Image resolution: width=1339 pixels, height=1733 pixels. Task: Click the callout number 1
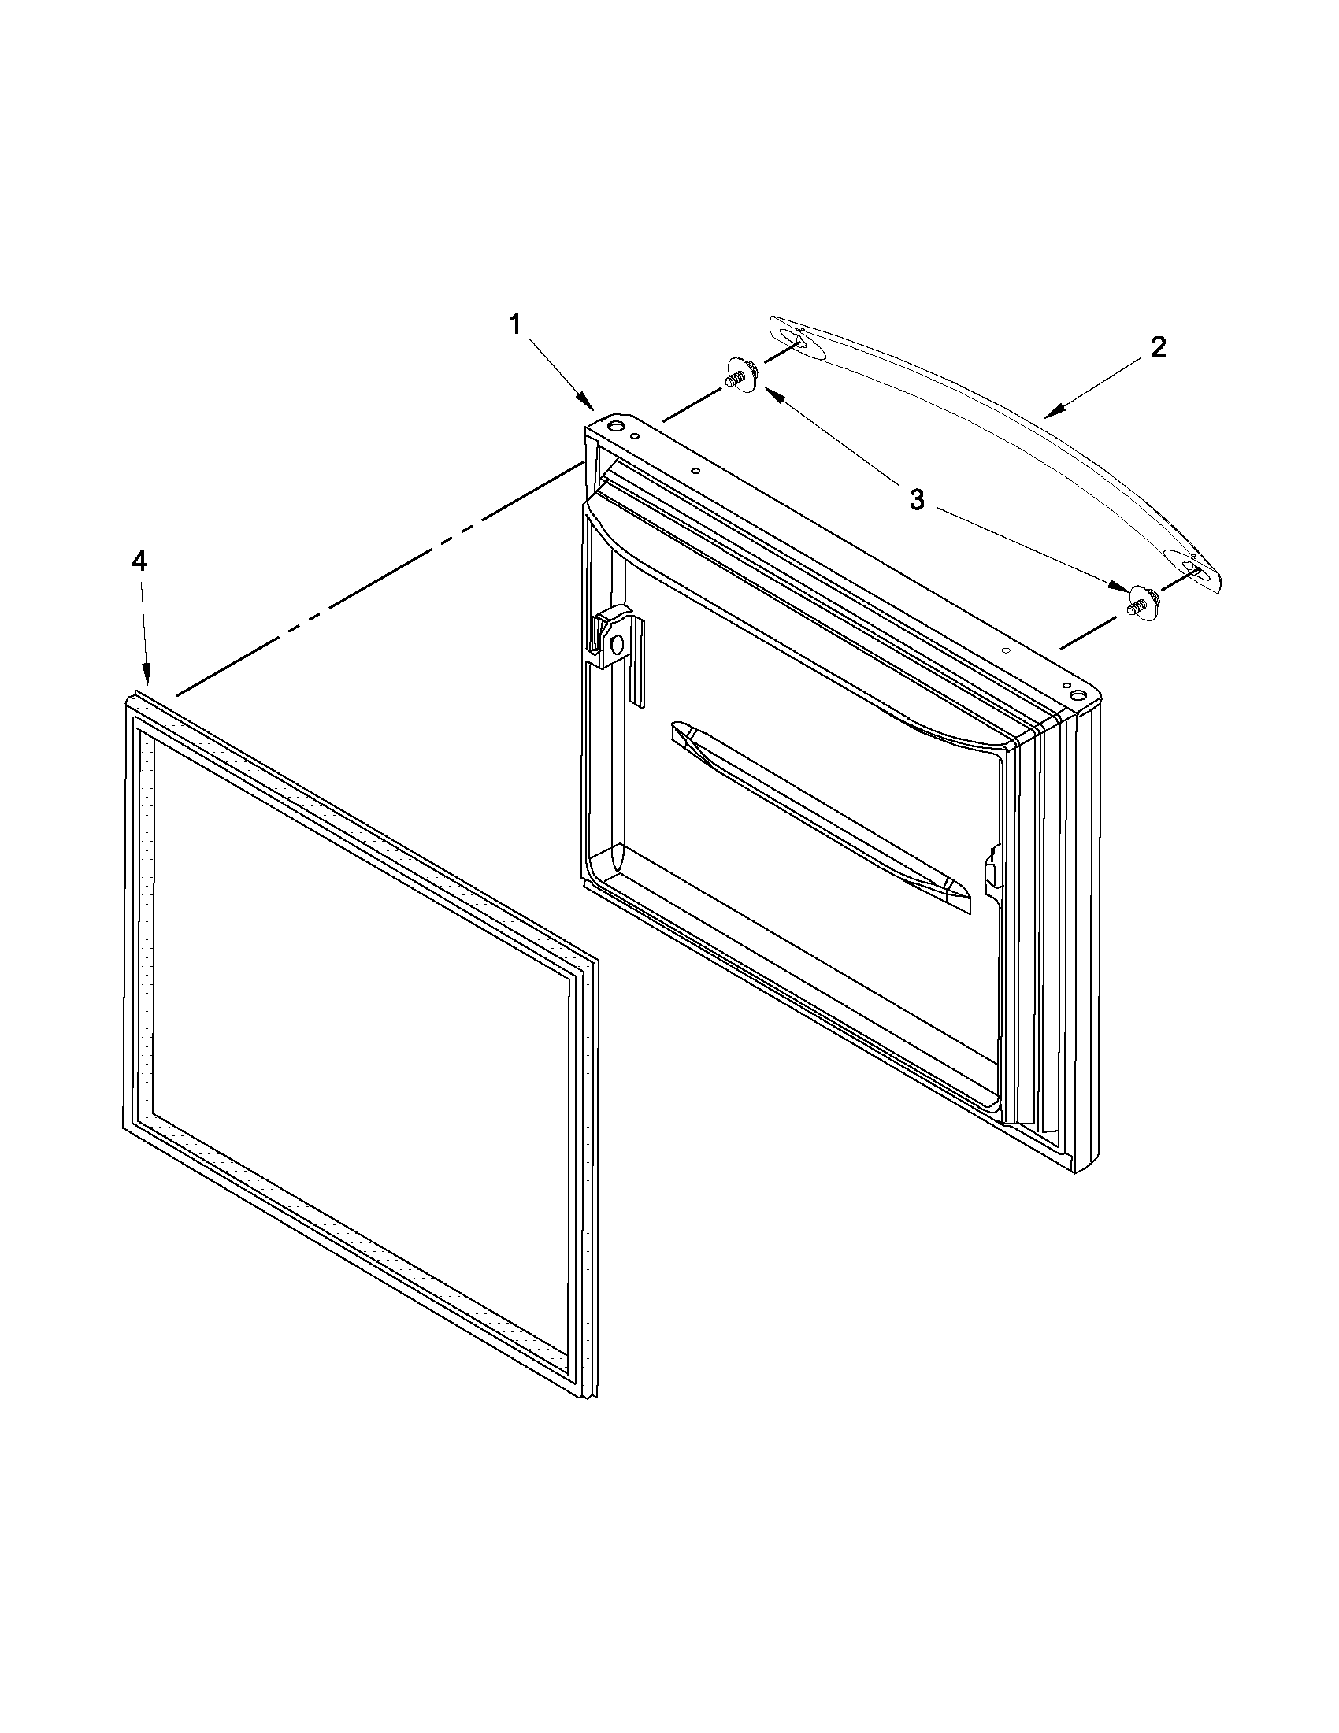pyautogui.click(x=515, y=324)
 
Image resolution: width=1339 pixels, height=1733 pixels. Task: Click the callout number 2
pyautogui.click(x=1158, y=346)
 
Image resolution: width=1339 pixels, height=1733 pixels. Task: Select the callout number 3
pyautogui.click(x=917, y=500)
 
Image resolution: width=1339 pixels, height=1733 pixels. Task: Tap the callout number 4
pyautogui.click(x=139, y=562)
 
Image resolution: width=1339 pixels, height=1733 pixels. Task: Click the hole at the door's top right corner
pyautogui.click(x=1077, y=695)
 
